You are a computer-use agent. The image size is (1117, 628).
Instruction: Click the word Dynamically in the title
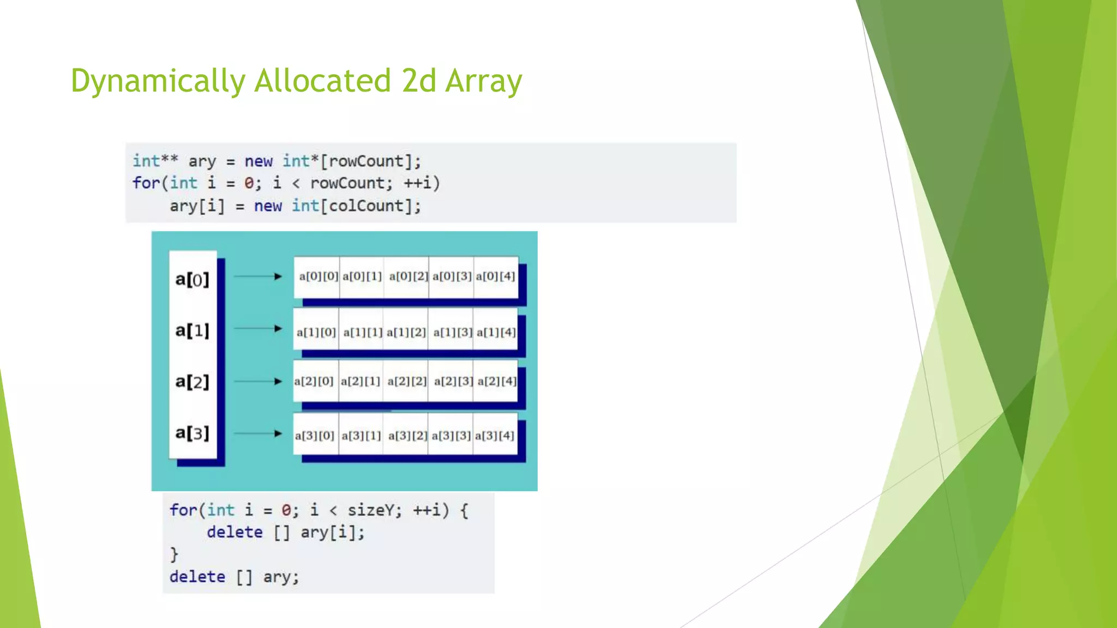tap(158, 81)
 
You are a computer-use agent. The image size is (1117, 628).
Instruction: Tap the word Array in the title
tap(483, 81)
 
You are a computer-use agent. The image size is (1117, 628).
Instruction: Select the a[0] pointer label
tap(192, 280)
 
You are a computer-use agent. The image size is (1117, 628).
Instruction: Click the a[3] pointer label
tap(192, 433)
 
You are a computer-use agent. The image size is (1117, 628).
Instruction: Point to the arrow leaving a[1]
tap(257, 328)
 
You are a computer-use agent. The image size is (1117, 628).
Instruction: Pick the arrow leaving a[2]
tap(257, 381)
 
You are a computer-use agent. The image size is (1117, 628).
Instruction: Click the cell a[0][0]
tap(319, 276)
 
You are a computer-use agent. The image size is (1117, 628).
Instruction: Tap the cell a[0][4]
tap(495, 276)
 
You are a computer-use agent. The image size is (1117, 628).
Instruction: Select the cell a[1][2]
tap(406, 332)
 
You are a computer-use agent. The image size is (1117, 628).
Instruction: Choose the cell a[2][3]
tap(453, 381)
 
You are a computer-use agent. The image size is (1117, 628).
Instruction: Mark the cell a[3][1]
tap(361, 436)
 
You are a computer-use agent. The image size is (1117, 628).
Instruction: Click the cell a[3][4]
tap(494, 436)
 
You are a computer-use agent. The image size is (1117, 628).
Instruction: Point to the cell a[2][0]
tap(314, 381)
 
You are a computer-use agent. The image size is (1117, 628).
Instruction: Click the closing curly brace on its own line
tap(174, 554)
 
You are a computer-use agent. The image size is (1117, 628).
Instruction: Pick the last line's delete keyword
tap(197, 577)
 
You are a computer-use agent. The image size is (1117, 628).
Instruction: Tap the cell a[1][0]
tap(316, 332)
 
